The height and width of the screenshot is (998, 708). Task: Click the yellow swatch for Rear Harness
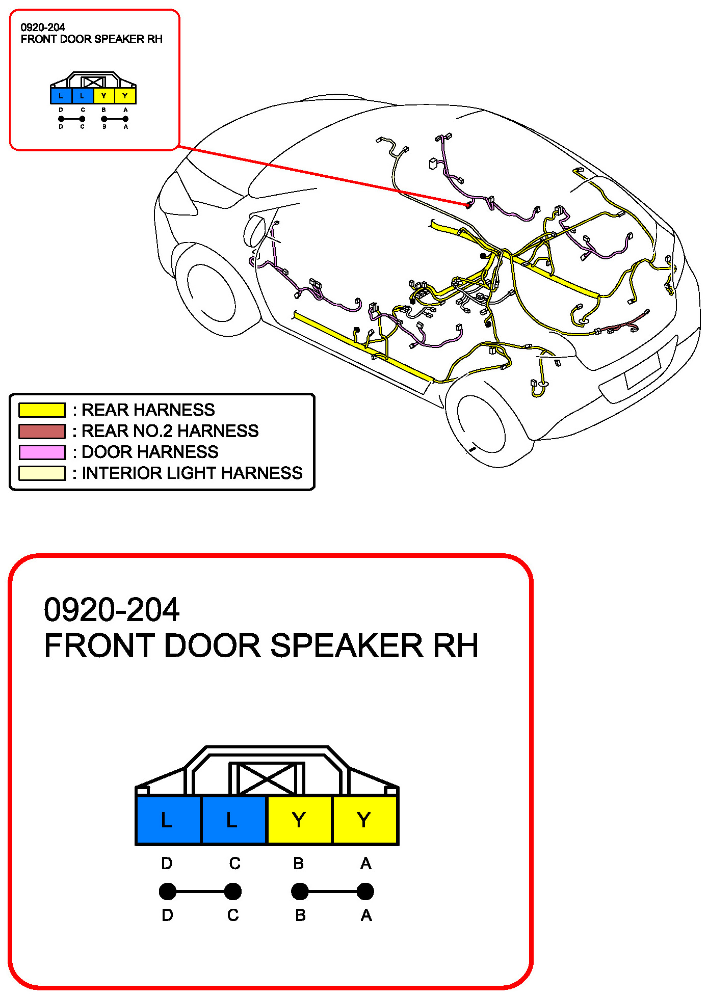click(x=42, y=410)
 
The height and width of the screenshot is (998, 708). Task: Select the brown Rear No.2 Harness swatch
click(x=42, y=431)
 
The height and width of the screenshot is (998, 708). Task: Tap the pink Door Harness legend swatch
click(x=42, y=452)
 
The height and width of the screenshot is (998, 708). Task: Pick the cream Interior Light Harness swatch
click(x=42, y=473)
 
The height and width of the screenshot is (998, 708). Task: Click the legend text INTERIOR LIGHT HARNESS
click(x=192, y=473)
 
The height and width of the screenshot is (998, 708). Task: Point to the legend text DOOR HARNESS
click(x=150, y=452)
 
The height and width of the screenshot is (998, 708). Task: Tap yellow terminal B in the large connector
click(x=299, y=820)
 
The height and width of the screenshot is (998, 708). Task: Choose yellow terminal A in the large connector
click(x=364, y=820)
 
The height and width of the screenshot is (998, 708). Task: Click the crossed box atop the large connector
click(x=267, y=778)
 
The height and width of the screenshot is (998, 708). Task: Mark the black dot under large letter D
click(x=168, y=892)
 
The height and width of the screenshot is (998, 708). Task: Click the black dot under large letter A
click(x=365, y=892)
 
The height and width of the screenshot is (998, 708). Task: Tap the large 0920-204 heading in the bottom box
click(x=112, y=610)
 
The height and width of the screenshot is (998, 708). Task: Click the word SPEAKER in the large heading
click(x=347, y=646)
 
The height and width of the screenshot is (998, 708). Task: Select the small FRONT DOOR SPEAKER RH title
click(x=92, y=39)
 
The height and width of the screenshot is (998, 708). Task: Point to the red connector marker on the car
click(x=468, y=205)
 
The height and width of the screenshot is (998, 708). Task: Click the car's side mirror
click(x=254, y=231)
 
